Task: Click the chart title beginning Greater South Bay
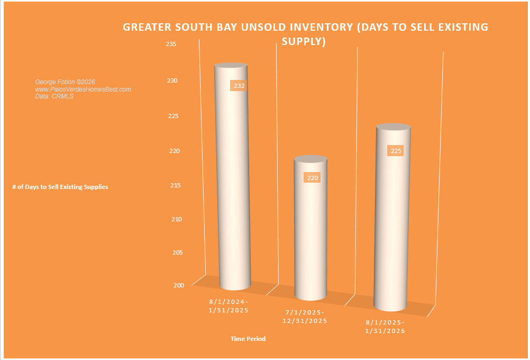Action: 305,34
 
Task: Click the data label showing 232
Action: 238,86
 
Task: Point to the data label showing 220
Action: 312,178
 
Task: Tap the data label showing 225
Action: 396,151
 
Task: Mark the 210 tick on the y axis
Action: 177,219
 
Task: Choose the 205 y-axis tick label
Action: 178,253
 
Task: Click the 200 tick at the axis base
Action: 178,285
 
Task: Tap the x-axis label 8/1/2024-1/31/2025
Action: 229,305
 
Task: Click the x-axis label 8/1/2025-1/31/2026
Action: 385,327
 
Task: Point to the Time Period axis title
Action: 248,338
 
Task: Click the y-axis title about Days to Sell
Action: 60,187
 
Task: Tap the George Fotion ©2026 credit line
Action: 65,82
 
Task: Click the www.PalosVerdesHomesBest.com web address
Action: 83,89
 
